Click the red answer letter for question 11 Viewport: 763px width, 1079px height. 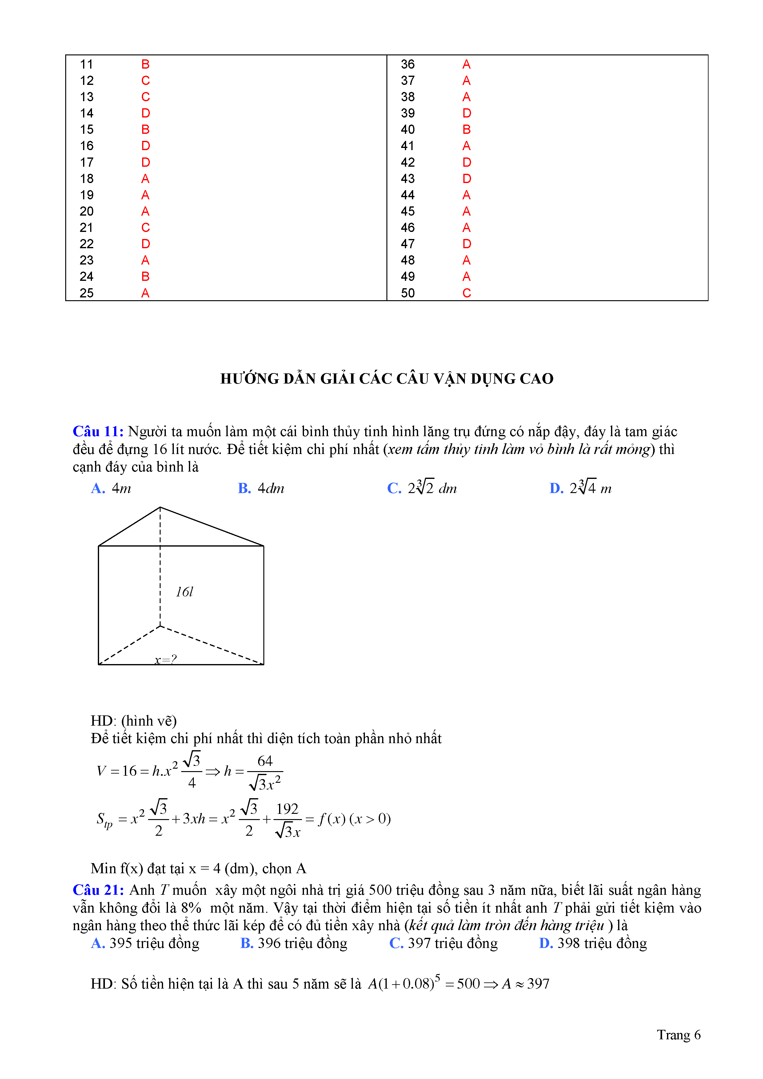[145, 64]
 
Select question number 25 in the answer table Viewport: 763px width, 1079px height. [86, 293]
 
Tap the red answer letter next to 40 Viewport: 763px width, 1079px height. [466, 130]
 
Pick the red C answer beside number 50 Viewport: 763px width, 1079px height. [466, 293]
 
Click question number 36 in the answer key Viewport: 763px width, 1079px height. [408, 64]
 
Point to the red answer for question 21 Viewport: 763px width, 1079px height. [145, 228]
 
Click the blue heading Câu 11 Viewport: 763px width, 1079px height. [98, 432]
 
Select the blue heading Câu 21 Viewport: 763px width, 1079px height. [98, 890]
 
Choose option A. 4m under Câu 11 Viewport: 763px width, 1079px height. [111, 489]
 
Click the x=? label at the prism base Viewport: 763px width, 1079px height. [166, 660]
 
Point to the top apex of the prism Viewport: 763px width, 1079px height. [160, 508]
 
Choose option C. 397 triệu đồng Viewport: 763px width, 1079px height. [443, 944]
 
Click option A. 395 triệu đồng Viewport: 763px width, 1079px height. [145, 944]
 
